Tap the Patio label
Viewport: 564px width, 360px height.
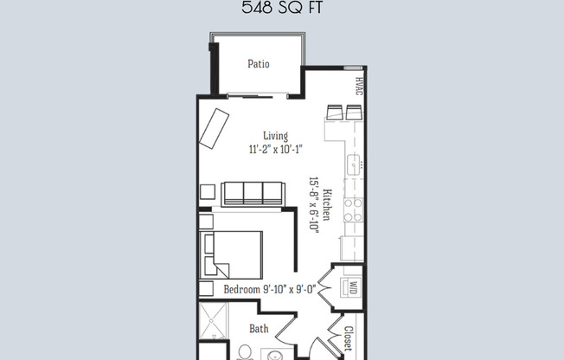tap(259, 63)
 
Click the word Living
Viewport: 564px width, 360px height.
tap(276, 135)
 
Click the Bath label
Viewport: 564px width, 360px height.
tap(259, 328)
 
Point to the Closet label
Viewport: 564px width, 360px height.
tap(348, 338)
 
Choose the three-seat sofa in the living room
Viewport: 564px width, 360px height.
tap(253, 194)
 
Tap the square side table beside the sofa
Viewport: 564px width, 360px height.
tap(208, 191)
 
